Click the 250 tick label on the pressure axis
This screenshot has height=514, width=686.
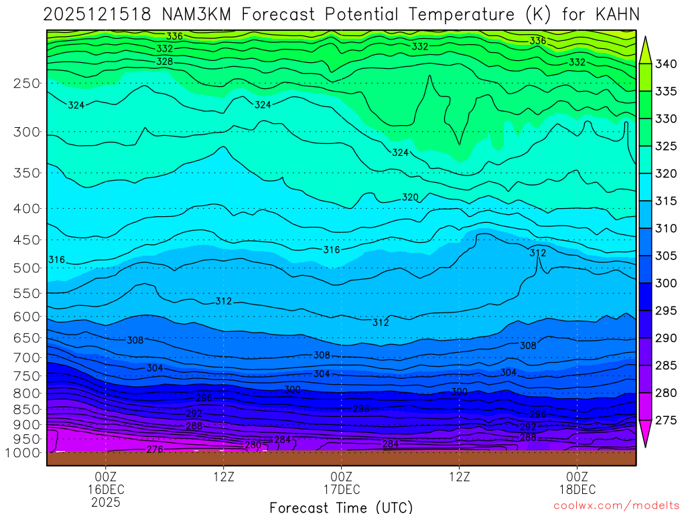tap(26, 84)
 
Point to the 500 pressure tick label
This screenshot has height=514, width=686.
tap(26, 268)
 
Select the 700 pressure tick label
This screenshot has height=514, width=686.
tap(26, 358)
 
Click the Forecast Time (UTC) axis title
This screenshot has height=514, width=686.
tap(341, 507)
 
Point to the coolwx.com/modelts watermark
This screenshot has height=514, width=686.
tap(616, 506)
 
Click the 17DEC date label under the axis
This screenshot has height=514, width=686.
tap(342, 489)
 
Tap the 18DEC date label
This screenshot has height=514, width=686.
tap(577, 489)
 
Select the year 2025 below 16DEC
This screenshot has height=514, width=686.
tap(107, 501)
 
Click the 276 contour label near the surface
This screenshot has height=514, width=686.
tap(155, 450)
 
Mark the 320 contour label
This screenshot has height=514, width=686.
tap(410, 197)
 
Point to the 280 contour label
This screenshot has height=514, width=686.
tap(253, 445)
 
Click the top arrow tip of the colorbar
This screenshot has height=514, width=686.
tap(647, 39)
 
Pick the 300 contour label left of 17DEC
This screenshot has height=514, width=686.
tap(292, 390)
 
